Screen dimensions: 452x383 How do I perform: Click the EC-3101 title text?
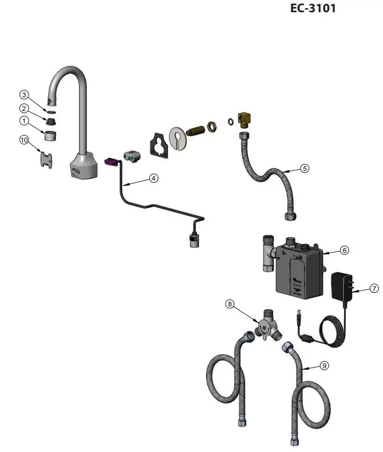point(312,8)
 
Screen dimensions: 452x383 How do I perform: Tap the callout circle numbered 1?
point(24,121)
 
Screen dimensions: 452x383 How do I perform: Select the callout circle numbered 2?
point(24,108)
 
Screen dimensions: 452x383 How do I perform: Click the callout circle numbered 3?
point(24,95)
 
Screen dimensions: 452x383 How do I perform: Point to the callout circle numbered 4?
point(153,178)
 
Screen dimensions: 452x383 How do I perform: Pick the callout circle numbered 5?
point(304,168)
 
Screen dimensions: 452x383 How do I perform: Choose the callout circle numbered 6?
point(344,250)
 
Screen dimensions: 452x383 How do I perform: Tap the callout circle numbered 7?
point(375,288)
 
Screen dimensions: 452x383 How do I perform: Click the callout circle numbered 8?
point(230,304)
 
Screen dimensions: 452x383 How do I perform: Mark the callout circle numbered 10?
point(24,140)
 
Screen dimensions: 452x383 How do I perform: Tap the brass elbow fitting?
point(245,120)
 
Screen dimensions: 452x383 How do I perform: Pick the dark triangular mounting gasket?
point(159,144)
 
